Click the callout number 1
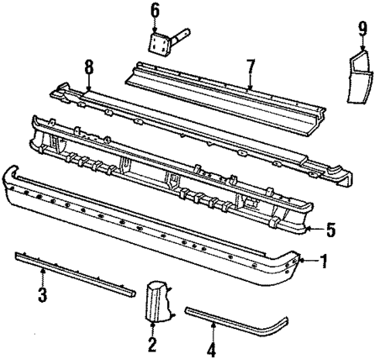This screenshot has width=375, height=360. [x=325, y=261]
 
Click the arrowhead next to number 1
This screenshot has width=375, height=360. [x=308, y=261]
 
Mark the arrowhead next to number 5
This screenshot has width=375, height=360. [x=312, y=228]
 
